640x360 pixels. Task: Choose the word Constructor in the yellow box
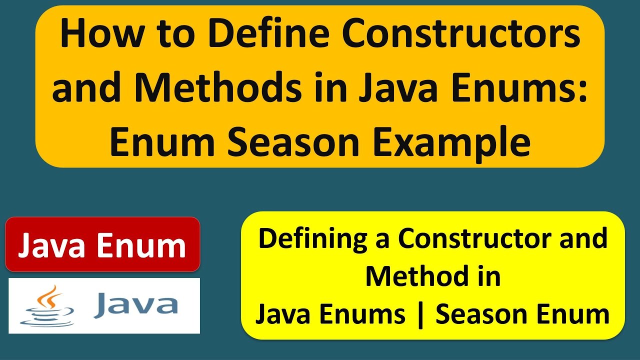[x=480, y=239]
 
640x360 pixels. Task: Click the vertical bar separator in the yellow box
[x=420, y=315]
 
